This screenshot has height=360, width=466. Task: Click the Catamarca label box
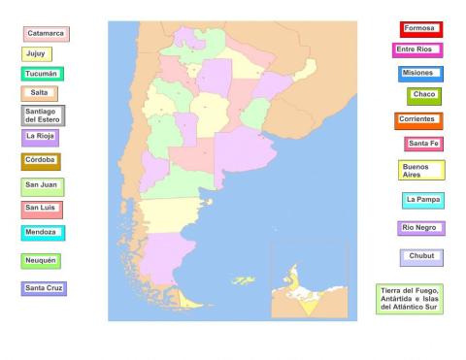pyautogui.click(x=46, y=34)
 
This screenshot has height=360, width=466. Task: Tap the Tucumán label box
pyautogui.click(x=43, y=74)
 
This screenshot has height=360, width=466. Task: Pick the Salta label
pyautogui.click(x=39, y=93)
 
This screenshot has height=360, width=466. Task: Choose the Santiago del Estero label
pyautogui.click(x=43, y=115)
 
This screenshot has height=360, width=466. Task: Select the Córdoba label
pyautogui.click(x=41, y=160)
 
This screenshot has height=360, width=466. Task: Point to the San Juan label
pyautogui.click(x=42, y=185)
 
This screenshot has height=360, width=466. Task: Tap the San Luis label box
pyautogui.click(x=42, y=209)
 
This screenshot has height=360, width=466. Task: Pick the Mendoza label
pyautogui.click(x=43, y=233)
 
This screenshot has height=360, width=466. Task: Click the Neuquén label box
pyautogui.click(x=41, y=261)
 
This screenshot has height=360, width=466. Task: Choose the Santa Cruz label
pyautogui.click(x=44, y=288)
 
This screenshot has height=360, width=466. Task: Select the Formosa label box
pyautogui.click(x=420, y=29)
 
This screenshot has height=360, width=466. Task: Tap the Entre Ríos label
pyautogui.click(x=417, y=49)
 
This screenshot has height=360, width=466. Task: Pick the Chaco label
pyautogui.click(x=425, y=95)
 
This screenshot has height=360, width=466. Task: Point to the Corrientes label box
pyautogui.click(x=418, y=120)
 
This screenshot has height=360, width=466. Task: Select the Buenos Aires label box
pyautogui.click(x=421, y=170)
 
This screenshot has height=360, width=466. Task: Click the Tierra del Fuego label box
pyautogui.click(x=409, y=299)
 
